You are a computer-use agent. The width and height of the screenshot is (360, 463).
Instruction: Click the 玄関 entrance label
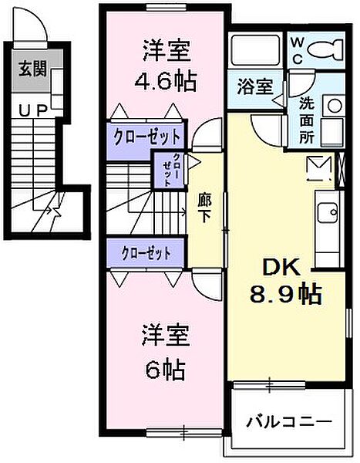tap(32, 68)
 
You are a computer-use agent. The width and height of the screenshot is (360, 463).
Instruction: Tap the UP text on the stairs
tap(32, 112)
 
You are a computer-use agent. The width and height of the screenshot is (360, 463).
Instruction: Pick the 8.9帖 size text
tap(286, 294)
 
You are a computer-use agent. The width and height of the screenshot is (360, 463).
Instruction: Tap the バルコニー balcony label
tap(288, 422)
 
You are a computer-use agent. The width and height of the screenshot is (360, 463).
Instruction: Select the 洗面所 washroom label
tap(306, 120)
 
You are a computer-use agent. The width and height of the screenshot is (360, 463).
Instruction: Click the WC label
tap(296, 49)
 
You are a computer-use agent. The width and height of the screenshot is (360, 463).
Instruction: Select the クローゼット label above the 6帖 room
tap(144, 252)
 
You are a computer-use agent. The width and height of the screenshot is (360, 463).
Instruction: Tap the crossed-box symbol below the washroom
tap(318, 167)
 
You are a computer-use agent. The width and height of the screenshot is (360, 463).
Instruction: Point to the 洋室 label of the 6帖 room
tap(165, 340)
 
